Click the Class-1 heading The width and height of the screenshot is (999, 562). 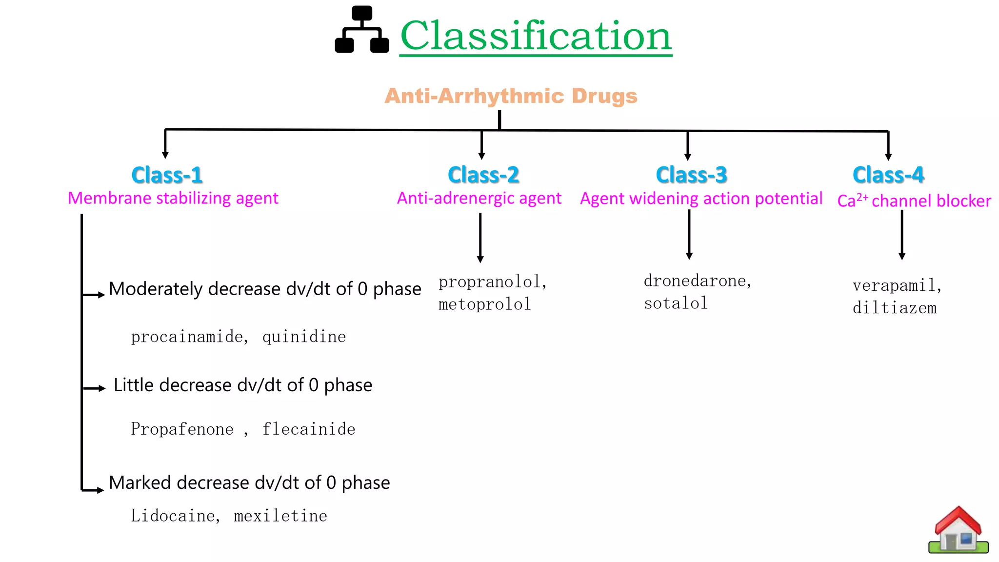click(x=167, y=175)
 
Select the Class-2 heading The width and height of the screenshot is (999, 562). click(x=483, y=175)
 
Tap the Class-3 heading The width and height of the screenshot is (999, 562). click(x=691, y=175)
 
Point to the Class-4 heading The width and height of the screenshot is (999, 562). click(x=888, y=175)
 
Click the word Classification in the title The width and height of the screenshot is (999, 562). click(x=536, y=36)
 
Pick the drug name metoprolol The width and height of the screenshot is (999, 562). click(x=484, y=304)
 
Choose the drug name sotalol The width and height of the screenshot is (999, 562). click(x=676, y=303)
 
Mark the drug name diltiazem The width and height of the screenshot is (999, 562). click(x=895, y=308)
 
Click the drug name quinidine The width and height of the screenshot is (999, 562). click(x=304, y=337)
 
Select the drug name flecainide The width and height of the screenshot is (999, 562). click(x=309, y=429)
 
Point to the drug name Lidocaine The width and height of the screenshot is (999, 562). click(x=173, y=516)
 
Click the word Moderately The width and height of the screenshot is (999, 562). click(x=156, y=289)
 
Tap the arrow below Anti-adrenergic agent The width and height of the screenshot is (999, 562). click(x=480, y=239)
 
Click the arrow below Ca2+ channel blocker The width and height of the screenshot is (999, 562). click(x=902, y=235)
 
